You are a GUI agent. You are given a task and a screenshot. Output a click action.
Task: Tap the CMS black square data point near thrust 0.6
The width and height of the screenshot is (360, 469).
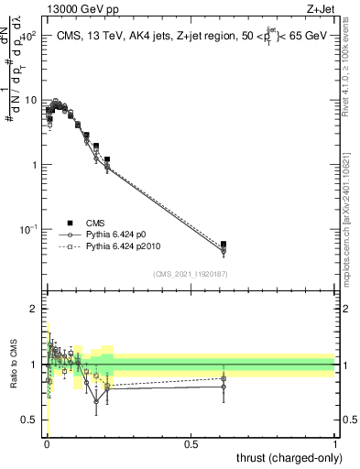[x=224, y=245]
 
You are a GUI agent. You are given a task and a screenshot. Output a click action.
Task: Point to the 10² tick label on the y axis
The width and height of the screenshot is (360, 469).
[x=33, y=36]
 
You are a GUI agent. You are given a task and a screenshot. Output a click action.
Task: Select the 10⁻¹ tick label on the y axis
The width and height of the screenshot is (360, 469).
[x=33, y=228]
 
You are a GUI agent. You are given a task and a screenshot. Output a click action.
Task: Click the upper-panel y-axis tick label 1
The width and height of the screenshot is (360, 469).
[x=37, y=165]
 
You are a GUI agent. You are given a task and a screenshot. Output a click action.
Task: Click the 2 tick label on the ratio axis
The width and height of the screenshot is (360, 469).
[x=37, y=309]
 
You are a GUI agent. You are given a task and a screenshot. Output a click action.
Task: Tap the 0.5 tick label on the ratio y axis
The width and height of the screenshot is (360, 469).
[x=33, y=420]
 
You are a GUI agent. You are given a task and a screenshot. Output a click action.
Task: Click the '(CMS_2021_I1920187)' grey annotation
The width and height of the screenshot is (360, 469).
[x=191, y=274]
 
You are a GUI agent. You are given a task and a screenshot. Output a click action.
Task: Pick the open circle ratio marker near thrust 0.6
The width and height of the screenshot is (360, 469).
[x=224, y=387]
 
